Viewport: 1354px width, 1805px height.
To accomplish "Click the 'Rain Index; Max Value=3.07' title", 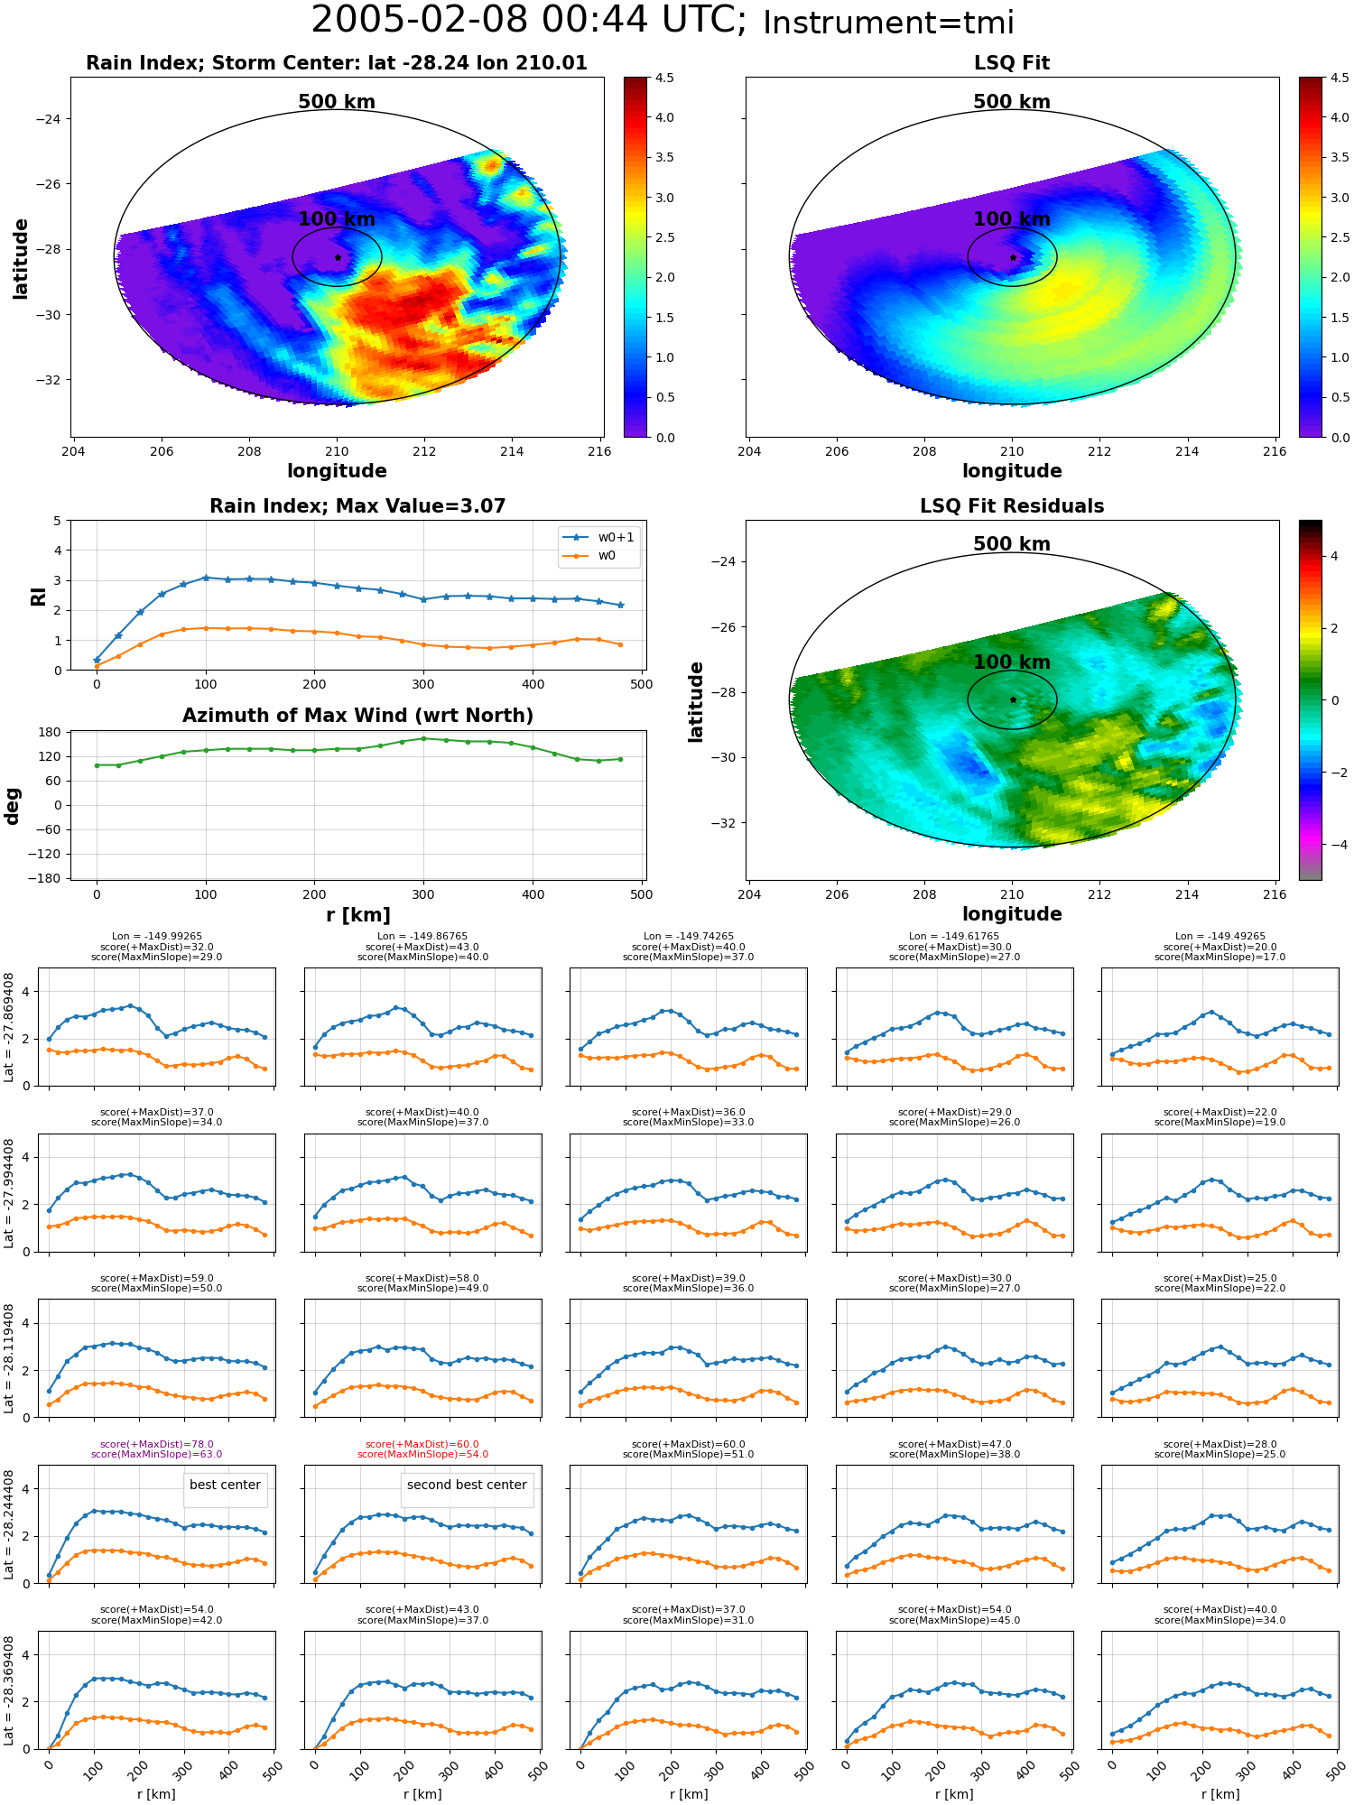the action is pos(357,506).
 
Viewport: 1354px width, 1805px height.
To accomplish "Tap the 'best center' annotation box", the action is pos(225,1485).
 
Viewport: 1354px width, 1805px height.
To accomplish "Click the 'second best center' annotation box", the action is pos(467,1485).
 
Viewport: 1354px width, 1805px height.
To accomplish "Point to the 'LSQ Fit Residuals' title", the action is pos(1012,506).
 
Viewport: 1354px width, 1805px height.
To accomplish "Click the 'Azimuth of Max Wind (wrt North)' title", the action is pos(357,716).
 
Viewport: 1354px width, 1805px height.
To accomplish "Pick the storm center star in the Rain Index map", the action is pos(338,257).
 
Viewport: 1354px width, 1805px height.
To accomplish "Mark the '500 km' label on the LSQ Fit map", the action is pos(1012,102).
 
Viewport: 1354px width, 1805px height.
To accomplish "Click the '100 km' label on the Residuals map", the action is pos(1012,662).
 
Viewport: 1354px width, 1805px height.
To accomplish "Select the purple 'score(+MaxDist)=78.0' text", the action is pos(157,1444).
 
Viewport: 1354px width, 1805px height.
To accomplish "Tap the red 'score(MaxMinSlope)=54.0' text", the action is pos(422,1454).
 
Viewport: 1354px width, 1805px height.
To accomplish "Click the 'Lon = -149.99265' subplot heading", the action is pos(157,937).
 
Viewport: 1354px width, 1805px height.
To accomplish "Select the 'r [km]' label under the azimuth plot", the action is pos(357,915).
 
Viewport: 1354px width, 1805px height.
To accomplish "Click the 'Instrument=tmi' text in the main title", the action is pos(888,23).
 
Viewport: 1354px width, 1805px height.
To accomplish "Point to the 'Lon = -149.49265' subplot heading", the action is pos(1220,937).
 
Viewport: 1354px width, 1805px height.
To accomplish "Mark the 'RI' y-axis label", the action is pos(38,596).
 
